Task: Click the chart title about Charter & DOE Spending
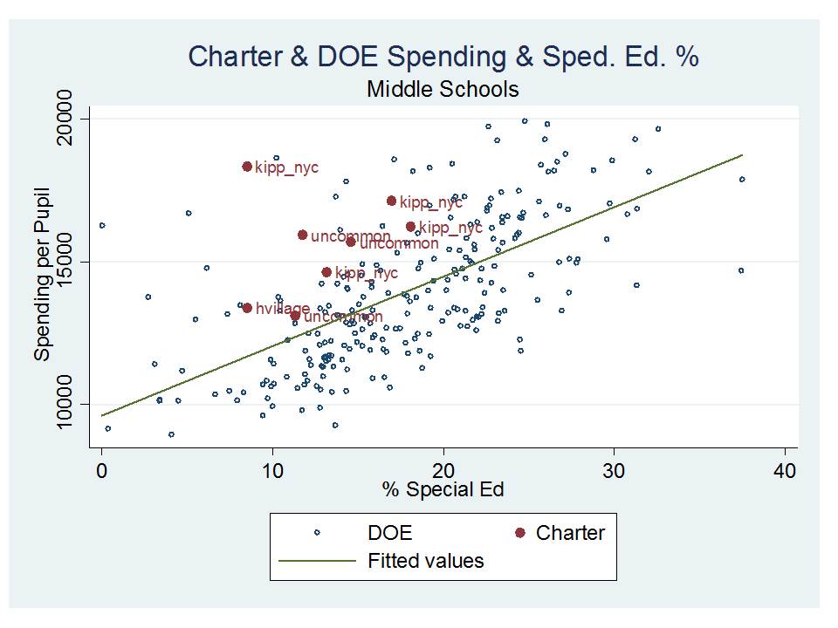pyautogui.click(x=443, y=57)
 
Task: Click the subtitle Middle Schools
pyautogui.click(x=443, y=89)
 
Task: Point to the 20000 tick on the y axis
pyautogui.click(x=69, y=119)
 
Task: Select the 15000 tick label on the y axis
pyautogui.click(x=69, y=262)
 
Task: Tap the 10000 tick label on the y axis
pyautogui.click(x=69, y=404)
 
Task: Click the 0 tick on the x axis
pyautogui.click(x=102, y=470)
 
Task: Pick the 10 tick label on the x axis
pyautogui.click(x=272, y=470)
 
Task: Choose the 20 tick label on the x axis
pyautogui.click(x=443, y=470)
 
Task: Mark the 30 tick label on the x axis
pyautogui.click(x=615, y=470)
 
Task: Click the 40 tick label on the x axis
pyautogui.click(x=785, y=470)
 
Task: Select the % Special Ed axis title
pyautogui.click(x=443, y=489)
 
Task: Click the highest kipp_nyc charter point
pyautogui.click(x=247, y=167)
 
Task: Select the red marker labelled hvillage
pyautogui.click(x=247, y=308)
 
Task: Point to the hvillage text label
pyautogui.click(x=283, y=309)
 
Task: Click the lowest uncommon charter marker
pyautogui.click(x=295, y=316)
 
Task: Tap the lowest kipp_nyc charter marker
pyautogui.click(x=326, y=272)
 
